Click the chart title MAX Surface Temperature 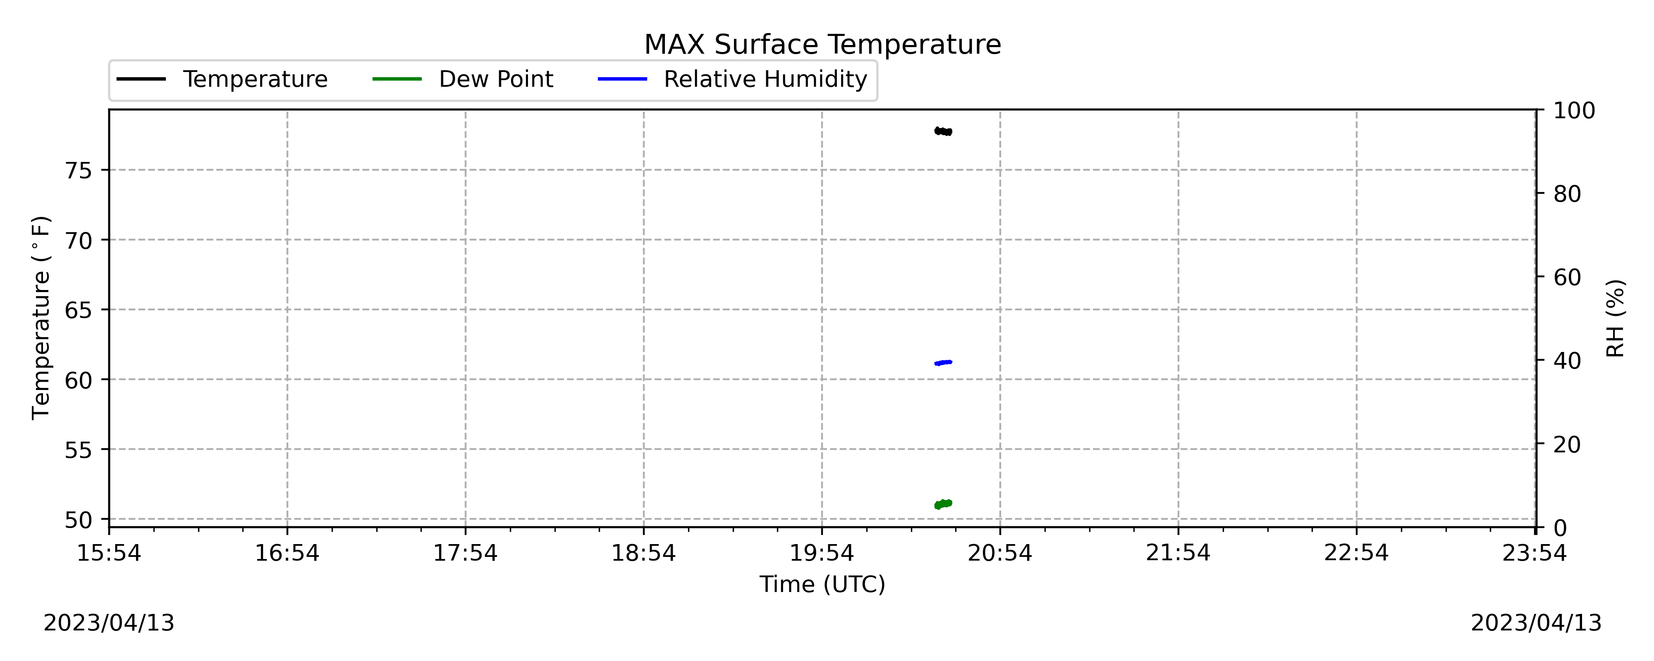[822, 45]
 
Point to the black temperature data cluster [943, 131]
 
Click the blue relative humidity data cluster [943, 363]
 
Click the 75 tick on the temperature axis [78, 171]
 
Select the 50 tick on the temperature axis [78, 520]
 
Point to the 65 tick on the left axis [78, 311]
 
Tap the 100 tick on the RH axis [1574, 110]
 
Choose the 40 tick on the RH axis [1567, 361]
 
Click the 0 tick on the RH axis [1560, 528]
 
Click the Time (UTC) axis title [822, 585]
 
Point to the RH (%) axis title [1616, 318]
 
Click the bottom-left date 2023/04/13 [109, 623]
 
